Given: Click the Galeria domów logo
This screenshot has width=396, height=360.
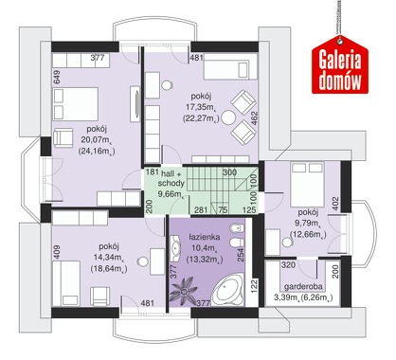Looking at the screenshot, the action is [340, 64].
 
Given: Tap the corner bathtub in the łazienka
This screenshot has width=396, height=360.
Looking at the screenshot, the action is [227, 290].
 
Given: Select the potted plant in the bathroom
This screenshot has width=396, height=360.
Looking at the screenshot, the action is [184, 291].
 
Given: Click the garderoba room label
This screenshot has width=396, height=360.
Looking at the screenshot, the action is [303, 286].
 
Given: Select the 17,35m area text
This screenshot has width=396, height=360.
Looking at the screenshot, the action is [200, 107].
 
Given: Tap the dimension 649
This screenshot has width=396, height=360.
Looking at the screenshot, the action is [57, 77].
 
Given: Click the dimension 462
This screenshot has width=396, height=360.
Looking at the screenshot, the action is [255, 117].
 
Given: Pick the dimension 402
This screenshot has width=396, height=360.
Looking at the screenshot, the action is [335, 204].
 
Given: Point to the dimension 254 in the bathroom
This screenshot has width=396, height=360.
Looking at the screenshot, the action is [241, 255].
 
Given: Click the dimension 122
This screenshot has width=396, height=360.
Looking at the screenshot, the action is [255, 286].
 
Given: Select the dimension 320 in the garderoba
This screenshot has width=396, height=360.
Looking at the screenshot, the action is [288, 264].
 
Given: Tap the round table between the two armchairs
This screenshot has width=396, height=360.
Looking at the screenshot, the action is [228, 117].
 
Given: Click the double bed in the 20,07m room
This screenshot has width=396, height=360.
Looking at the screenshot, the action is [76, 103].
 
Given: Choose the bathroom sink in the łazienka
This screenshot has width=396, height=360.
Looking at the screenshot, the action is [175, 247].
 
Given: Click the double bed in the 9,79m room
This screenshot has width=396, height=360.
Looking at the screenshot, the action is [307, 184].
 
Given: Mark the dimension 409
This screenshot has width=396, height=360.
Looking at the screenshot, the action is [57, 252].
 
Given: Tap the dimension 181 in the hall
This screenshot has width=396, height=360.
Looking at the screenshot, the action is [153, 172].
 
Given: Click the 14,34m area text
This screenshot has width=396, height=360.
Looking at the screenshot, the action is [109, 258].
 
